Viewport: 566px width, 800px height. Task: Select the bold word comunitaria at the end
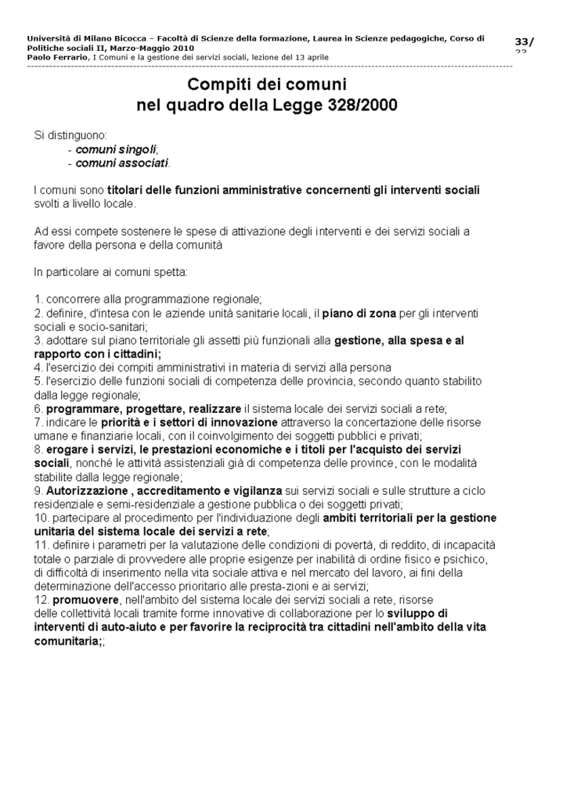pos(67,640)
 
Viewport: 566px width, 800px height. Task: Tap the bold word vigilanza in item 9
pos(257,490)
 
